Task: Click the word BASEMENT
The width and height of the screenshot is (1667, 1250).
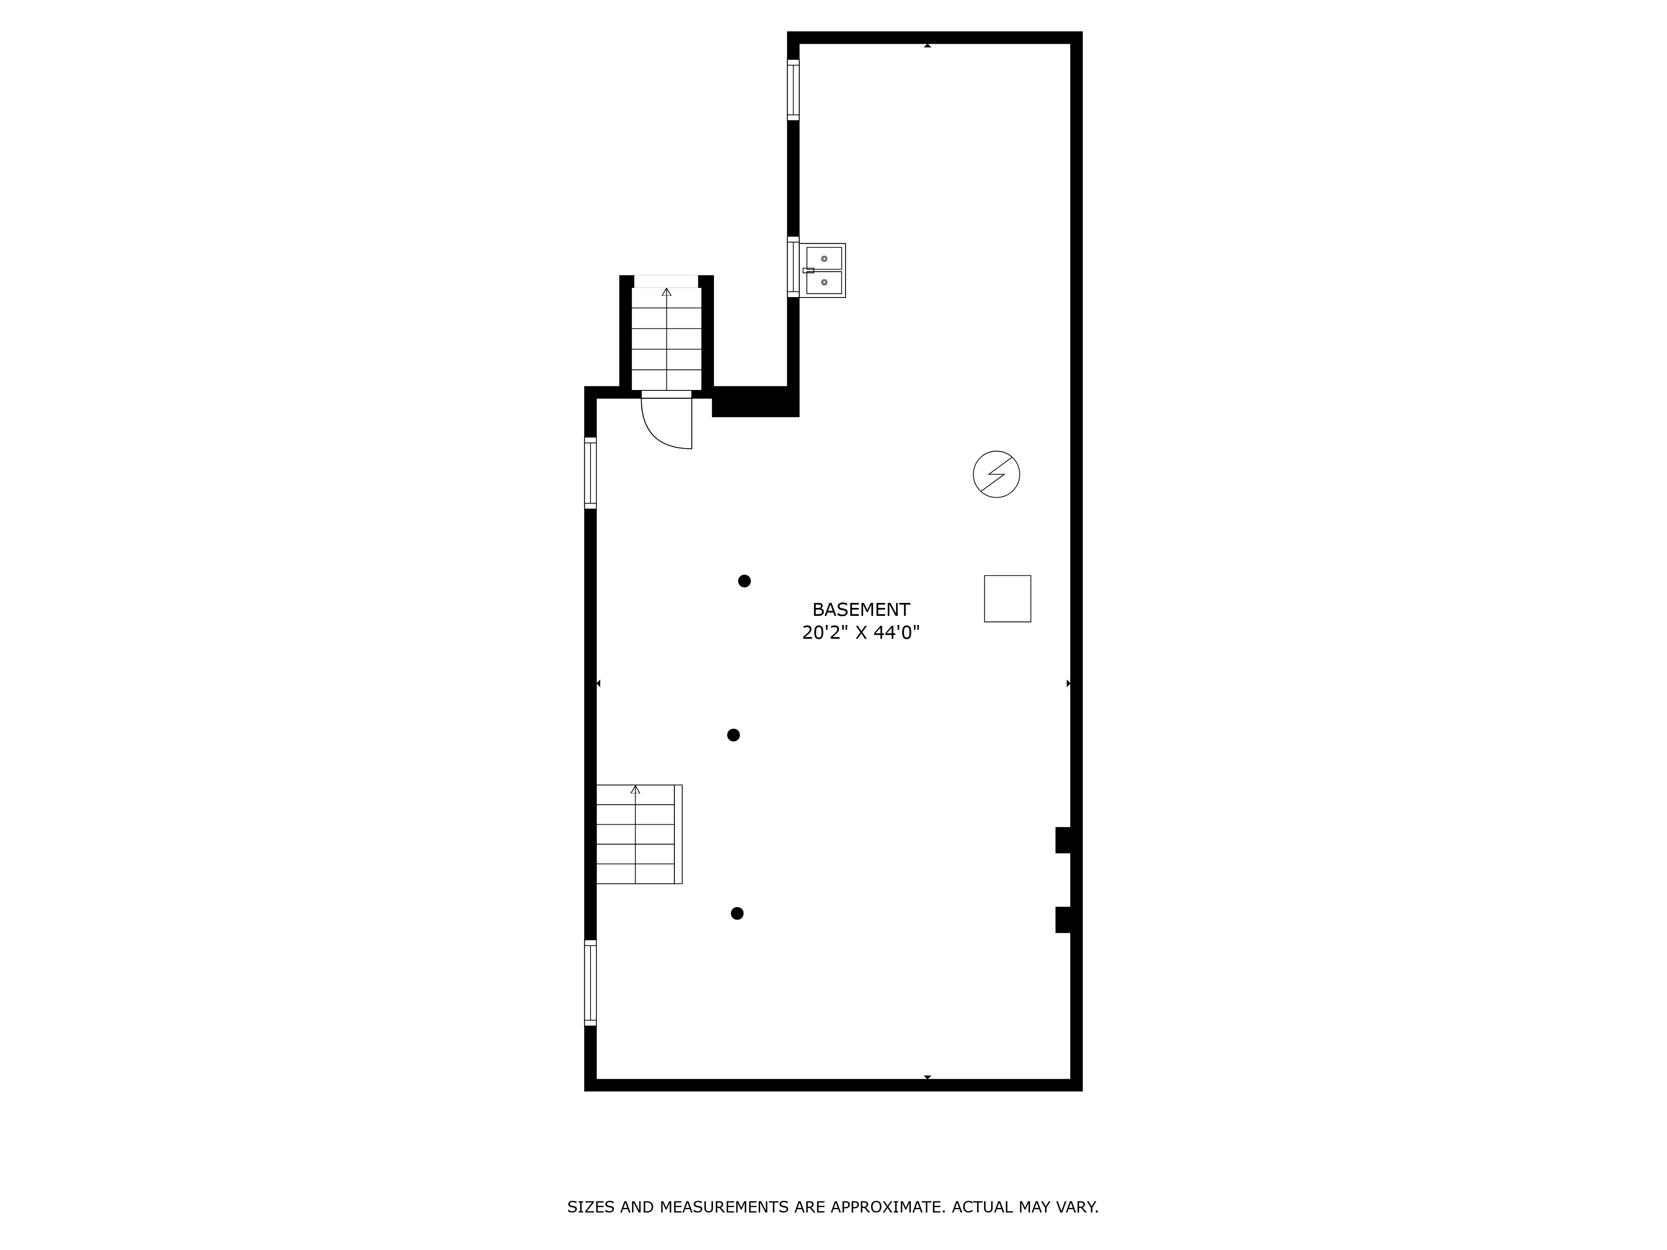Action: tap(861, 610)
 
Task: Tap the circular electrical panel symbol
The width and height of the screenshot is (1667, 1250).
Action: tap(996, 474)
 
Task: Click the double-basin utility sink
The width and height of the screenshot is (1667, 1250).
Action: tap(823, 270)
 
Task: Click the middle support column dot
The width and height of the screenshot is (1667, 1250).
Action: tap(733, 735)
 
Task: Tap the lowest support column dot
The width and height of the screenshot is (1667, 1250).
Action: tap(737, 913)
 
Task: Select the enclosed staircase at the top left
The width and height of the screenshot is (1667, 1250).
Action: tap(666, 339)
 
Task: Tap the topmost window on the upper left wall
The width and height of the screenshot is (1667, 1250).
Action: tap(793, 90)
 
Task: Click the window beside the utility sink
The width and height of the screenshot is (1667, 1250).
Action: tap(793, 267)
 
